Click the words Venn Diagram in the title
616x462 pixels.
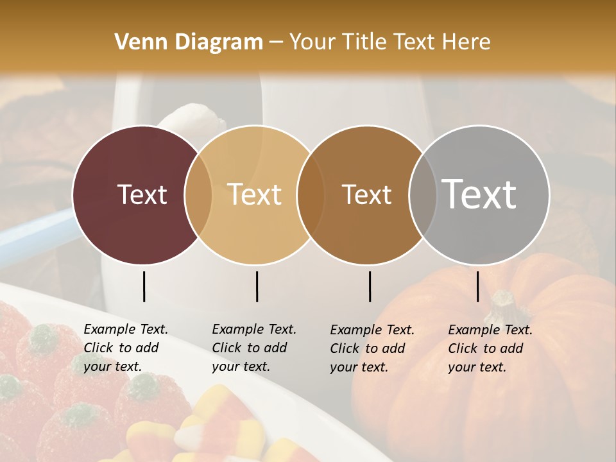[189, 42]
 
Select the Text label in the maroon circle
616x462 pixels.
[142, 194]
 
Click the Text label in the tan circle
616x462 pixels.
[254, 194]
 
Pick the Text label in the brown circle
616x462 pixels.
[366, 194]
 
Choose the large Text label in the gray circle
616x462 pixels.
[479, 194]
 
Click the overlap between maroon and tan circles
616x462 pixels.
[198, 195]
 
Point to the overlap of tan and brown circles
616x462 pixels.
[311, 195]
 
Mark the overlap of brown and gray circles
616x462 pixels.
[421, 195]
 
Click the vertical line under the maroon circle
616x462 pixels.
[144, 286]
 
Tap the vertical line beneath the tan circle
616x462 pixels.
[257, 286]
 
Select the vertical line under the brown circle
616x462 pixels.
[370, 286]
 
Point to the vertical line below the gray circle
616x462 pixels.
[477, 286]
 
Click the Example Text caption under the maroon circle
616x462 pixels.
[125, 348]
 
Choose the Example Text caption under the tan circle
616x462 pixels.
[253, 348]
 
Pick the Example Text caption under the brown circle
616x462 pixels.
[372, 348]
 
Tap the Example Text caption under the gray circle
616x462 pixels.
[490, 348]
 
